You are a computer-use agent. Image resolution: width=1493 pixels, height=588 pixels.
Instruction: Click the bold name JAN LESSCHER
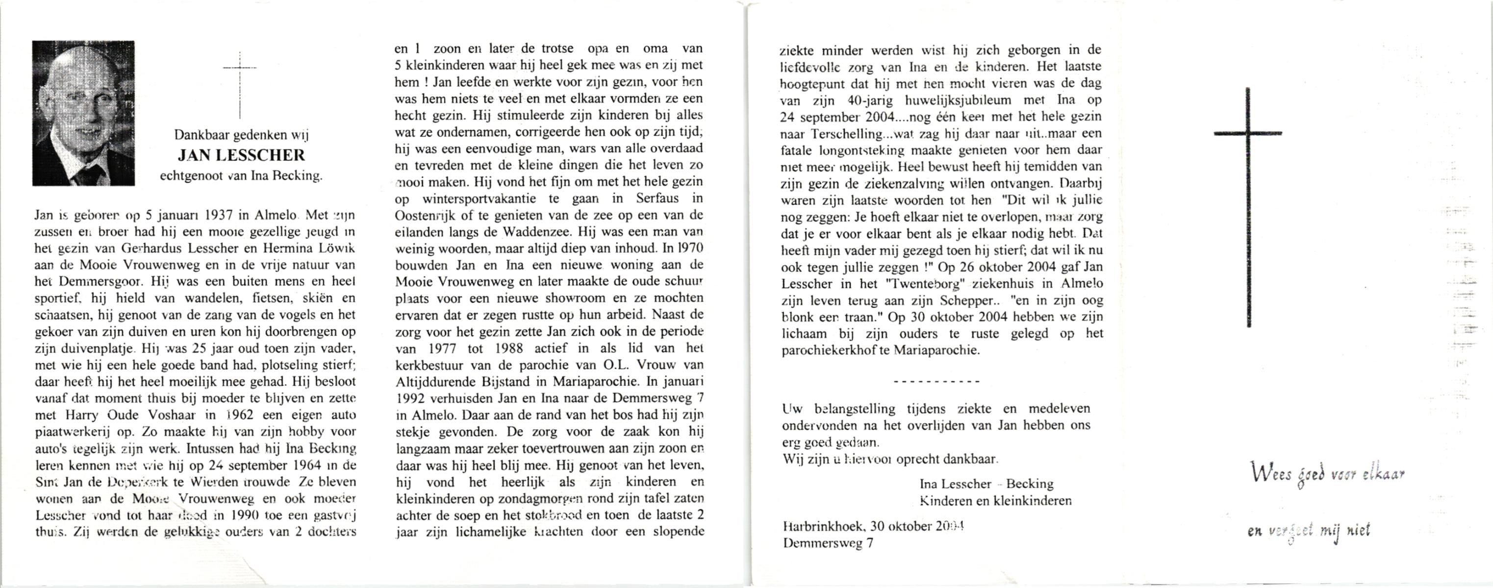tap(241, 155)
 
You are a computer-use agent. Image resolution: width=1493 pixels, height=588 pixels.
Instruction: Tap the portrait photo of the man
tap(83, 113)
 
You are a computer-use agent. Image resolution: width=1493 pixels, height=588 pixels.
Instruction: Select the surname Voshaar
tap(177, 416)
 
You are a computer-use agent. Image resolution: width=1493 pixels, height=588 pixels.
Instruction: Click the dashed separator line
tap(937, 382)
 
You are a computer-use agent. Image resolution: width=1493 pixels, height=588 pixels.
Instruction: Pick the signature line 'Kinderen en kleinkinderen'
tap(995, 500)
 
